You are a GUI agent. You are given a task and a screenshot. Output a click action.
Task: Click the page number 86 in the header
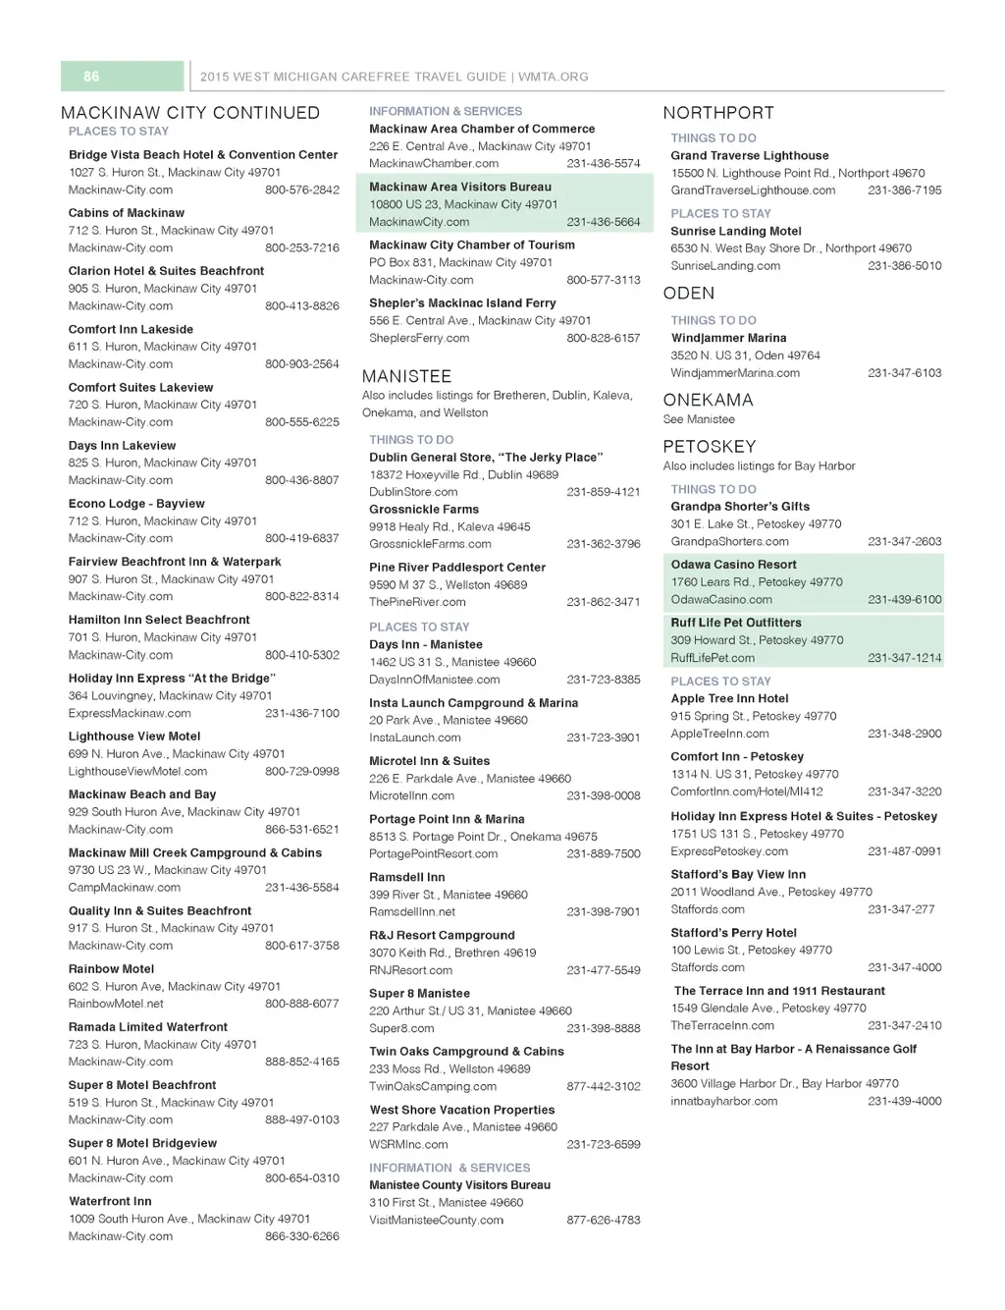tap(91, 77)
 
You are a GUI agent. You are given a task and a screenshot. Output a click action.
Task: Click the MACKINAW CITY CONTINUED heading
tap(190, 113)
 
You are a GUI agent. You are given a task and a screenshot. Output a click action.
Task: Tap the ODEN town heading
tap(689, 294)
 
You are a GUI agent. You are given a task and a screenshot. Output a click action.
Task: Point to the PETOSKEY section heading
tap(710, 447)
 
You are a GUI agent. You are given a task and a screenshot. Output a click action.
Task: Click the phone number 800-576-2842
tap(302, 191)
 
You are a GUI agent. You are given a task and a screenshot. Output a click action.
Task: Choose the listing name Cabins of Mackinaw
tap(127, 213)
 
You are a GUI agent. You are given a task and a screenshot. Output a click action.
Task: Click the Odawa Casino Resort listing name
tap(733, 565)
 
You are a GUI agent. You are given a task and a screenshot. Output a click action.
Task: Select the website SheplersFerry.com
tap(419, 339)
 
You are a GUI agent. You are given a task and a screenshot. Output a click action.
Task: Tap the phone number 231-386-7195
tap(904, 191)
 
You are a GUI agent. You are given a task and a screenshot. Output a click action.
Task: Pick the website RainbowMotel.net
tap(116, 1005)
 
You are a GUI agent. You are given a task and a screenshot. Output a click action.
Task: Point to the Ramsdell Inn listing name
tap(407, 877)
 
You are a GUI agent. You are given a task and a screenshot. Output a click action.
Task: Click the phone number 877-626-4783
tap(604, 1221)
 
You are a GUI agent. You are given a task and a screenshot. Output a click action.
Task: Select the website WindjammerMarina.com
tap(735, 373)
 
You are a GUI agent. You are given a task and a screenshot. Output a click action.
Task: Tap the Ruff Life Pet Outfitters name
tap(736, 623)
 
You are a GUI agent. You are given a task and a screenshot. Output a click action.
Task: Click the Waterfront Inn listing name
tap(110, 1201)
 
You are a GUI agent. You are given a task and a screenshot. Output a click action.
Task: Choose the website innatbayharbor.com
tap(724, 1102)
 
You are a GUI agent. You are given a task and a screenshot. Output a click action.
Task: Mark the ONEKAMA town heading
tap(709, 401)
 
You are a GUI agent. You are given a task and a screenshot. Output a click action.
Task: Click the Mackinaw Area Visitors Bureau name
tap(460, 187)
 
